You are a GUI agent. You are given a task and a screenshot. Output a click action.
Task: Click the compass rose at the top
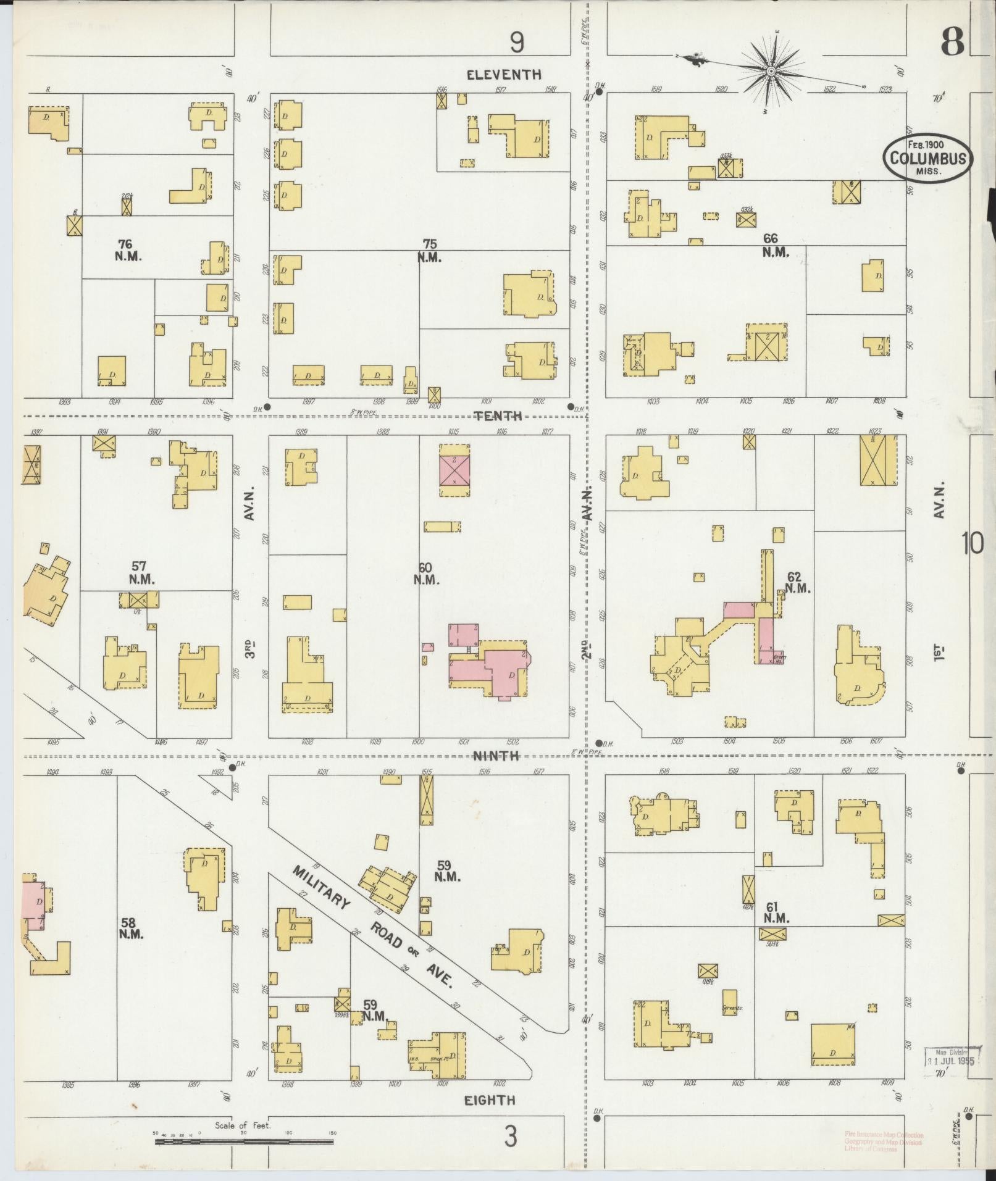click(x=771, y=72)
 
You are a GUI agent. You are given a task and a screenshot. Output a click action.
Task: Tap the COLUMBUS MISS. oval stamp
click(x=927, y=157)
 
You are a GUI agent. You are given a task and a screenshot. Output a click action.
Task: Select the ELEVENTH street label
click(x=504, y=75)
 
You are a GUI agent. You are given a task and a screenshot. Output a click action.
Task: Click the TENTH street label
click(x=498, y=416)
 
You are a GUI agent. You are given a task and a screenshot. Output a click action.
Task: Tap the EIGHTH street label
click(x=490, y=1099)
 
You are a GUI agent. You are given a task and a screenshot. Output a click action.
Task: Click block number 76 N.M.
click(x=128, y=251)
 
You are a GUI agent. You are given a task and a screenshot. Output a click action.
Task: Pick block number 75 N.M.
click(x=429, y=251)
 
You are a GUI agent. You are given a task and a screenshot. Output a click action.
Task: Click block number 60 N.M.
click(x=426, y=574)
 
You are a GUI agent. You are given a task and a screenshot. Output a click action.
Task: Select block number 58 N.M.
click(x=131, y=945)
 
